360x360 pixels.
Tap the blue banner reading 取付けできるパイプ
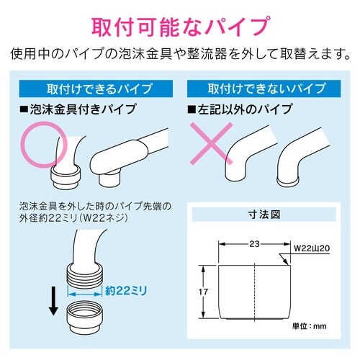(x=96, y=89)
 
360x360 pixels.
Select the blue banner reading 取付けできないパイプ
(x=264, y=89)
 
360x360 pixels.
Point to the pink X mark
(x=211, y=143)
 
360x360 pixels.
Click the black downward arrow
(x=53, y=301)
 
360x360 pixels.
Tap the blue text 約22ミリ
(x=126, y=291)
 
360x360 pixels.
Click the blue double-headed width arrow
(x=84, y=294)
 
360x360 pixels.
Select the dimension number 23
(x=254, y=244)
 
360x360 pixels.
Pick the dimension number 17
(x=203, y=292)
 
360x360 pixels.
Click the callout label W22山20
(x=312, y=248)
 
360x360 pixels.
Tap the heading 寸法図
(x=264, y=215)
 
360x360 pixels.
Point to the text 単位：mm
(x=310, y=326)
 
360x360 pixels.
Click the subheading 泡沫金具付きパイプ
(x=78, y=109)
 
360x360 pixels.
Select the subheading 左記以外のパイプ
(x=240, y=109)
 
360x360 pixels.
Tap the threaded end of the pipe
(x=85, y=275)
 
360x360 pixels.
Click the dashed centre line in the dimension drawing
(x=254, y=292)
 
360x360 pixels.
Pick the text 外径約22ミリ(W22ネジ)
(x=73, y=218)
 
